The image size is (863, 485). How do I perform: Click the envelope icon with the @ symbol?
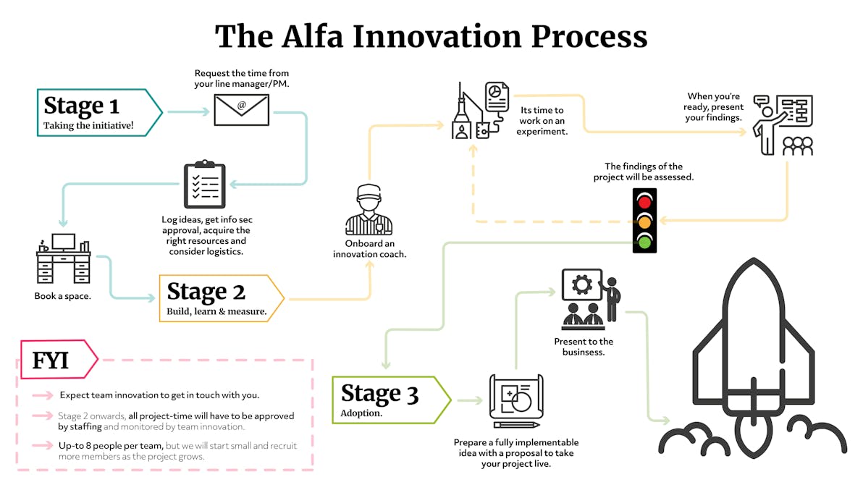click(x=241, y=109)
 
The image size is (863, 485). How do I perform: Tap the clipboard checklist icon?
click(x=204, y=185)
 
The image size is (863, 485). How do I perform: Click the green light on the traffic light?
click(x=644, y=240)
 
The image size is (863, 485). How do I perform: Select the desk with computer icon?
click(x=63, y=258)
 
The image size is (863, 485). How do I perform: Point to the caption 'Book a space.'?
click(x=62, y=296)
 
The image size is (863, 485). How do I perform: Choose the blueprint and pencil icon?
click(x=515, y=400)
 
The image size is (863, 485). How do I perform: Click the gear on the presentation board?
click(x=581, y=284)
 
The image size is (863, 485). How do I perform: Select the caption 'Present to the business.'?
click(x=584, y=347)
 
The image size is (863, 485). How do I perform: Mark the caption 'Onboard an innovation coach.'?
click(x=369, y=248)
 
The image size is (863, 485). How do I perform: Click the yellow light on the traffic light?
click(x=644, y=220)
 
